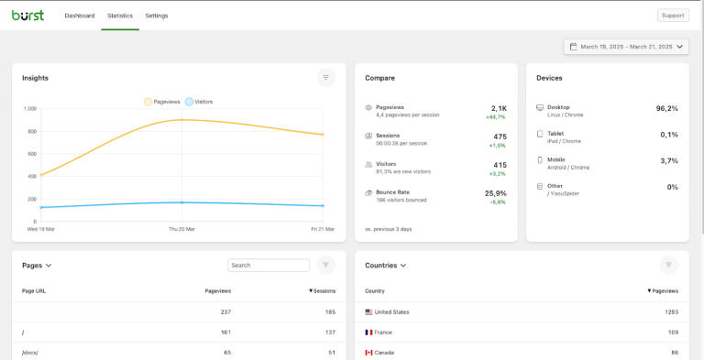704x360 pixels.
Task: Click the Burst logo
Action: click(27, 15)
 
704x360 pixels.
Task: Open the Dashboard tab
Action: click(79, 16)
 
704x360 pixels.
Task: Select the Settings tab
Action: click(156, 16)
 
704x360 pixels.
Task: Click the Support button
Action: click(673, 16)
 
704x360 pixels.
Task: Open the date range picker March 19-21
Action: click(626, 47)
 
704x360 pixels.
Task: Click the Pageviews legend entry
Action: click(162, 102)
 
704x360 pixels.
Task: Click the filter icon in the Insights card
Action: click(325, 78)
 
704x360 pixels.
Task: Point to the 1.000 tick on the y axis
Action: click(30, 109)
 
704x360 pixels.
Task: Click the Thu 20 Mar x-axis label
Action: click(181, 229)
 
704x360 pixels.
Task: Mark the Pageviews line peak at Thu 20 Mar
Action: click(181, 119)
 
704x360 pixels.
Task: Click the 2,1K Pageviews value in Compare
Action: click(499, 108)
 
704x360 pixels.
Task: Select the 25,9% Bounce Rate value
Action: click(495, 193)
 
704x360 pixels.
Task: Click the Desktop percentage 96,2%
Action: click(666, 108)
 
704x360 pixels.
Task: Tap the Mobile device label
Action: click(556, 159)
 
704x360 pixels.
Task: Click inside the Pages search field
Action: click(269, 266)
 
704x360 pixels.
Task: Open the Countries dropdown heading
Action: click(385, 266)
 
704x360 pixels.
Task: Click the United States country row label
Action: click(391, 312)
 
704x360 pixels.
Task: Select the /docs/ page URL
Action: click(30, 353)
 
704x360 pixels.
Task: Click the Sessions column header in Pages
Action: click(322, 290)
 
